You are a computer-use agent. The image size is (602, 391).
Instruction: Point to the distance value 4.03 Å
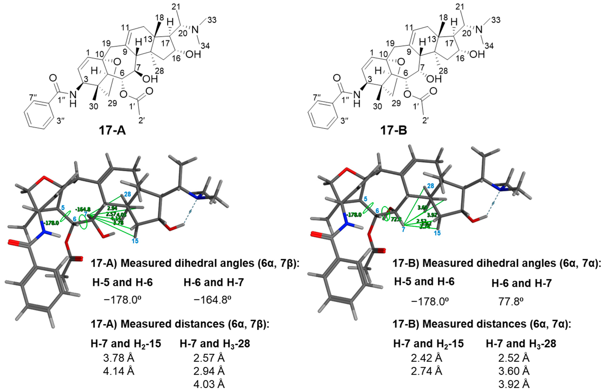pos(209,384)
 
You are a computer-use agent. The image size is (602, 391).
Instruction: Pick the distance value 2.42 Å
pos(426,358)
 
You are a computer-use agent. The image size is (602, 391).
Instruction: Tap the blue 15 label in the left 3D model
pos(135,241)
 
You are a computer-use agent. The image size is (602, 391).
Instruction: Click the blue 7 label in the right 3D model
pos(403,230)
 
